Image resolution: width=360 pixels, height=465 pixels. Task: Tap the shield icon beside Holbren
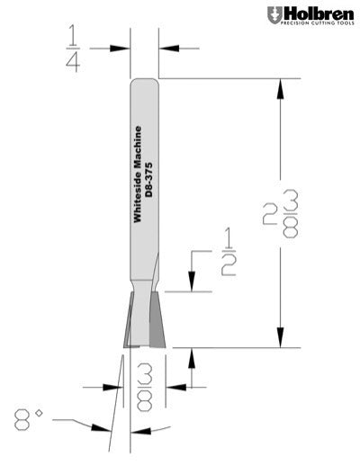[274, 15]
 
